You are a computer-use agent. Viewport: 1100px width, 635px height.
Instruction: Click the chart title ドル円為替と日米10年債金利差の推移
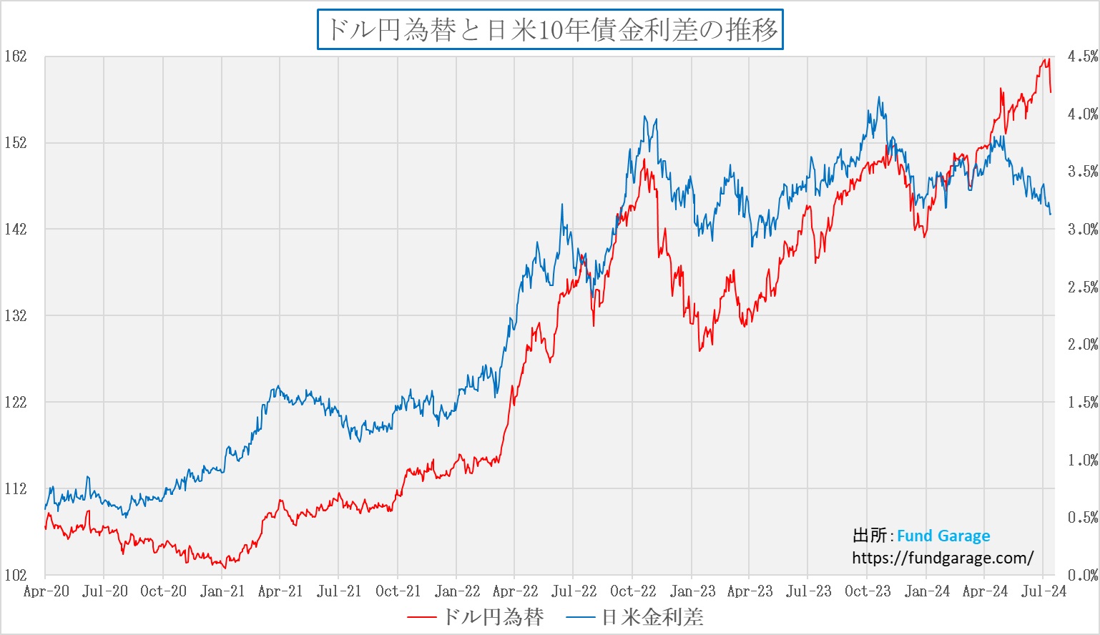pyautogui.click(x=550, y=30)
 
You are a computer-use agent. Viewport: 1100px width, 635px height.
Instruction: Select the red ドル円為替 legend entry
pyautogui.click(x=476, y=616)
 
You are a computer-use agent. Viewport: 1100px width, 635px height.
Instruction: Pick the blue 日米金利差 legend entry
pyautogui.click(x=635, y=616)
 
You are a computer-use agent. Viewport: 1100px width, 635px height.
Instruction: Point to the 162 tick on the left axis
pyautogui.click(x=15, y=56)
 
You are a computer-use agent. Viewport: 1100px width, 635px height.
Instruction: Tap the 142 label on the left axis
pyautogui.click(x=15, y=229)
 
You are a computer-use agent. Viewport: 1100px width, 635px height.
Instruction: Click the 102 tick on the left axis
pyautogui.click(x=15, y=575)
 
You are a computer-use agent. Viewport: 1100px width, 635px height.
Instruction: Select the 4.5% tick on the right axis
pyautogui.click(x=1082, y=56)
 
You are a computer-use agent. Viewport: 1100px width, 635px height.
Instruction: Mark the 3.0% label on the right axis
pyautogui.click(x=1082, y=230)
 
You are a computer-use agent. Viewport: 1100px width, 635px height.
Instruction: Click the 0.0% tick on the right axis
pyautogui.click(x=1082, y=575)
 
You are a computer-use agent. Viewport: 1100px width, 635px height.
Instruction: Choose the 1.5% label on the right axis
pyautogui.click(x=1082, y=403)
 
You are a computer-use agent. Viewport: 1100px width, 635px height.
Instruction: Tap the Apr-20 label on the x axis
pyautogui.click(x=46, y=591)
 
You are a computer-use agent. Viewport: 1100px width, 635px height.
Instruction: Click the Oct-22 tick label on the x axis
pyautogui.click(x=633, y=591)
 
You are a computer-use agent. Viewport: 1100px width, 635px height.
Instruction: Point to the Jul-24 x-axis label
pyautogui.click(x=1043, y=591)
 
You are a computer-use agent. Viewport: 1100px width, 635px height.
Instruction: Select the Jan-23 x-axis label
pyautogui.click(x=692, y=591)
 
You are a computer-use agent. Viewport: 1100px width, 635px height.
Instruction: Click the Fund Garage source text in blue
pyautogui.click(x=943, y=536)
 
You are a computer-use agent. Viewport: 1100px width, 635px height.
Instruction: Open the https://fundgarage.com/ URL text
pyautogui.click(x=943, y=558)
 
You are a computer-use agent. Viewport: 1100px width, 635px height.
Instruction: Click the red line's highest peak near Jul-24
pyautogui.click(x=1048, y=59)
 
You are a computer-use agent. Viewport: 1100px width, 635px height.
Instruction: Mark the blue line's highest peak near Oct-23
pyautogui.click(x=879, y=98)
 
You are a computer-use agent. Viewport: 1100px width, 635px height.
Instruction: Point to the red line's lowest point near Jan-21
pyautogui.click(x=225, y=568)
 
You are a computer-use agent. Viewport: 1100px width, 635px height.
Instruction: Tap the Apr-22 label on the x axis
pyautogui.click(x=515, y=591)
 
